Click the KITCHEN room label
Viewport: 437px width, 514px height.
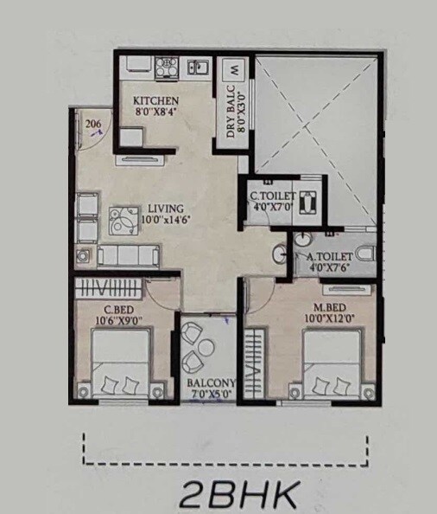156,101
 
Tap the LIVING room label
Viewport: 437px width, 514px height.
164,209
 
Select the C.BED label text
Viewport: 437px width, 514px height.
117,311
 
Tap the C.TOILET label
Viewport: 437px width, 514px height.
272,196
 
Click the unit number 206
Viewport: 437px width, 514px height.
94,125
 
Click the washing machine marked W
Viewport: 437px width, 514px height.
233,68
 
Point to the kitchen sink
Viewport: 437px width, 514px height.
197,67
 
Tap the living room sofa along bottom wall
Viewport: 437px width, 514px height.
127,254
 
